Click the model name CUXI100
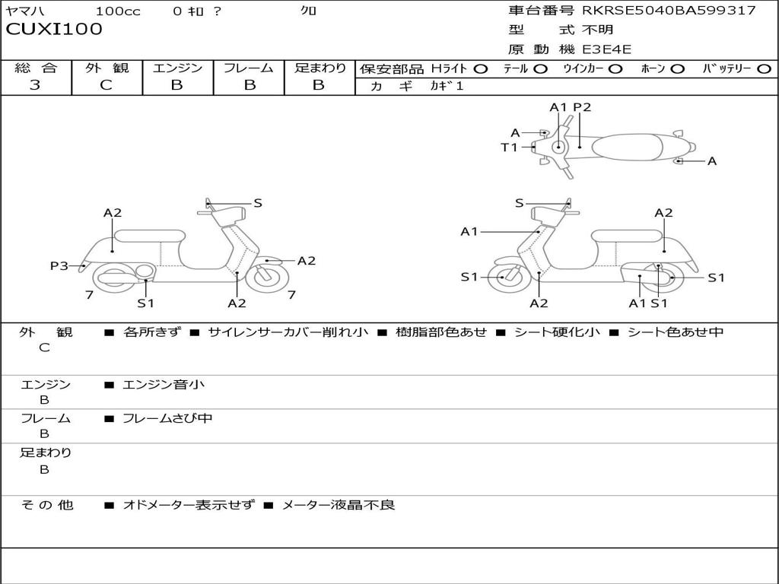click(54, 30)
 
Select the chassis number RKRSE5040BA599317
click(669, 10)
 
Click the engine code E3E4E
click(606, 49)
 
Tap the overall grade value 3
click(35, 84)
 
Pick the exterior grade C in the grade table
click(106, 84)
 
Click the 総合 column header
click(36, 68)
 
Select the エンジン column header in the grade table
click(177, 68)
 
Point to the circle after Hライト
click(481, 68)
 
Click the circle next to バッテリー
click(764, 68)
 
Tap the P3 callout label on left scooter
click(59, 265)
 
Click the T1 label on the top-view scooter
click(509, 148)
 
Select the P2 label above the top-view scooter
click(582, 107)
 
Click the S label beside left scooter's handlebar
click(258, 203)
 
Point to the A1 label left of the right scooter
click(469, 231)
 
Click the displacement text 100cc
click(117, 11)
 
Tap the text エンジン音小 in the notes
click(164, 385)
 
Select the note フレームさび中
click(167, 418)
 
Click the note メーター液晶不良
click(339, 504)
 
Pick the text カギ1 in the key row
click(447, 86)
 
